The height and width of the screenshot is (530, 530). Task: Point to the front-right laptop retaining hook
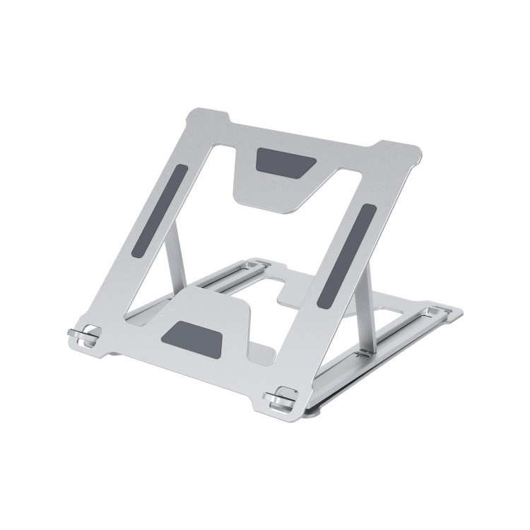(x=281, y=399)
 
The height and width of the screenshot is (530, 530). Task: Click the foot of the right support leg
(x=365, y=351)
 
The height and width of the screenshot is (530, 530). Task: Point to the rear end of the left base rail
(x=257, y=264)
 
